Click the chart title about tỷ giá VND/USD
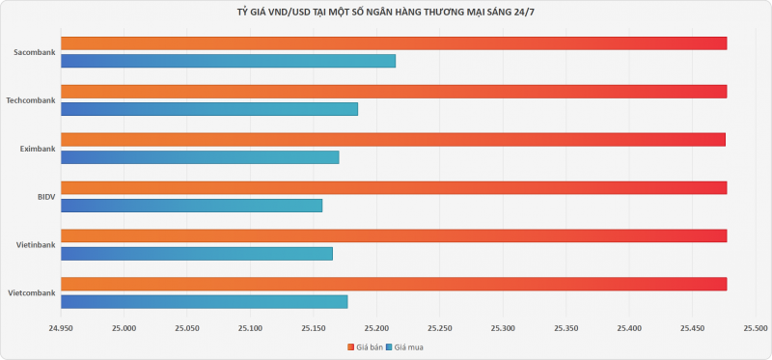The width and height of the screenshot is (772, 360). click(386, 12)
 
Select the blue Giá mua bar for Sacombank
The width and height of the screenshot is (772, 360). click(228, 61)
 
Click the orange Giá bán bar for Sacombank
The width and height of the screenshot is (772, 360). click(394, 42)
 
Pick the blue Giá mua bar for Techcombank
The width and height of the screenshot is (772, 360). click(209, 109)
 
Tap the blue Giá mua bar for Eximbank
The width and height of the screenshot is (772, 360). click(200, 157)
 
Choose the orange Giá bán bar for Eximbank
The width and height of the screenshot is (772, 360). click(393, 139)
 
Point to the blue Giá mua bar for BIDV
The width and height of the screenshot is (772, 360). click(191, 206)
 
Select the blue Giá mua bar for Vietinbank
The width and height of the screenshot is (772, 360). click(197, 254)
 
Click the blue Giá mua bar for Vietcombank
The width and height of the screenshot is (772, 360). click(204, 302)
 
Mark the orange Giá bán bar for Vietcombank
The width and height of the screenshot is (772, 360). click(394, 284)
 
